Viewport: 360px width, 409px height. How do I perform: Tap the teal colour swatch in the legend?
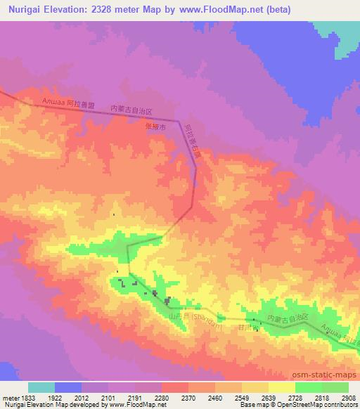coord(41,387)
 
